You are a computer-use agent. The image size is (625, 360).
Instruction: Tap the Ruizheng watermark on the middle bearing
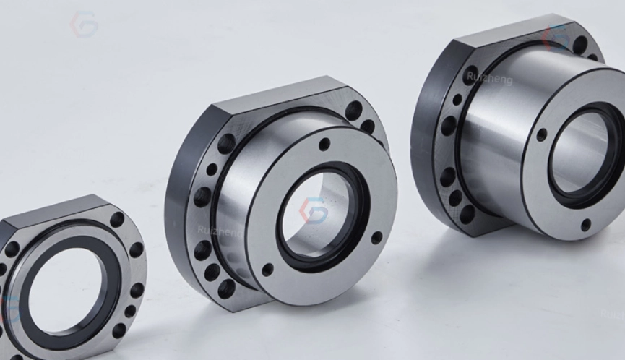pyautogui.click(x=220, y=231)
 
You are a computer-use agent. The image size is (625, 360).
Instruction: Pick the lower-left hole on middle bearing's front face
pyautogui.click(x=268, y=269)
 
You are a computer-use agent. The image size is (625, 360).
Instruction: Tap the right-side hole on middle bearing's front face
pyautogui.click(x=376, y=237)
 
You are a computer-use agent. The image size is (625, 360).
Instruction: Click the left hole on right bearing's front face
pyautogui.click(x=542, y=134)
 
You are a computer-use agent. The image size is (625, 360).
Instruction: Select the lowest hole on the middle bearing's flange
pyautogui.click(x=227, y=288)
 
